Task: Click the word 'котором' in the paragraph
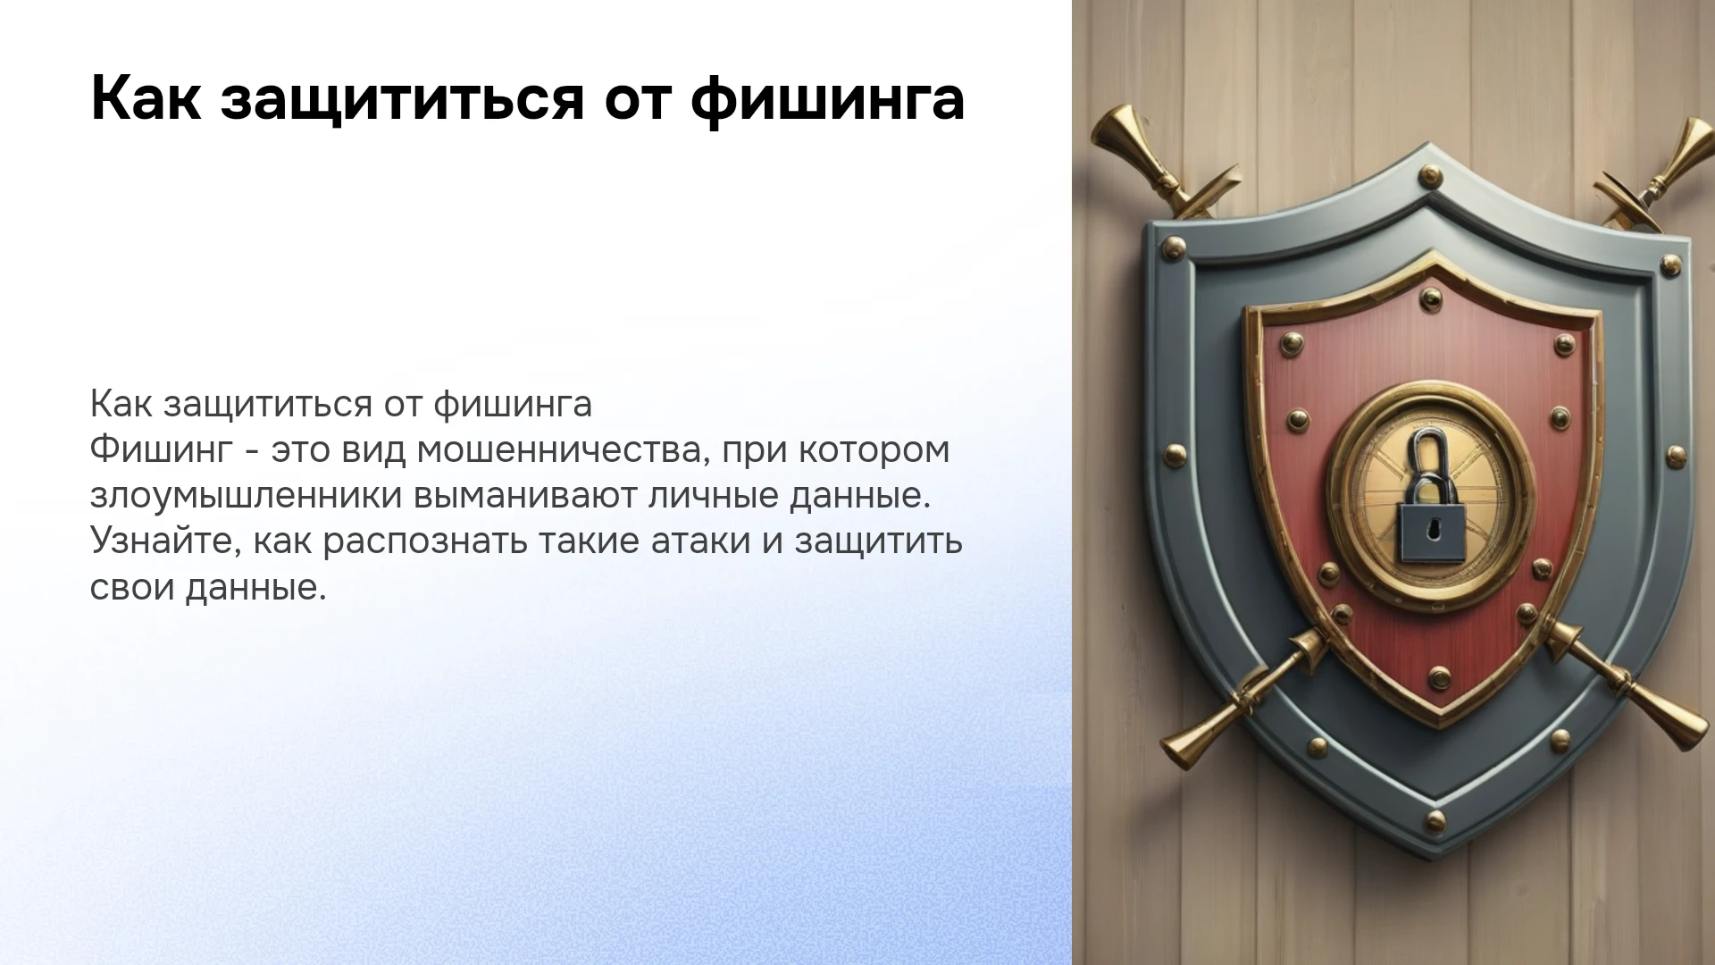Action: [874, 451]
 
